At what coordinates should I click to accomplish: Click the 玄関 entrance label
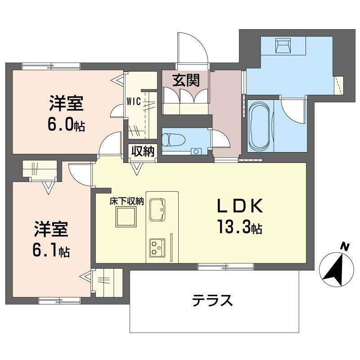(185, 81)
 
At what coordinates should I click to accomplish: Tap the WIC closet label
(135, 101)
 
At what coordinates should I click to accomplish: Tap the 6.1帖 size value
(51, 250)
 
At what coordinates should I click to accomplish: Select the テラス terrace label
(212, 300)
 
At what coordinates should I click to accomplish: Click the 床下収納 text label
(126, 202)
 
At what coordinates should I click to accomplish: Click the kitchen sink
(157, 209)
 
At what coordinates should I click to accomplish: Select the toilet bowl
(173, 139)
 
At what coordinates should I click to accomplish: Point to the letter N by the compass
(344, 246)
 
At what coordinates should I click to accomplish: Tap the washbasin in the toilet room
(196, 151)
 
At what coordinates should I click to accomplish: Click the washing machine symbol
(284, 45)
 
